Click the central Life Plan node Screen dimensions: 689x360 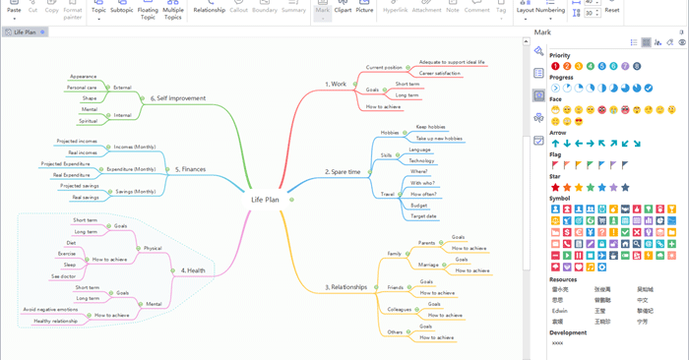click(x=265, y=200)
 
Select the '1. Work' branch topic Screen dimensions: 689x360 click(x=336, y=85)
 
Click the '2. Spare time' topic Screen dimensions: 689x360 click(x=343, y=172)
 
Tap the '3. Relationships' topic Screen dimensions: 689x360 click(x=346, y=287)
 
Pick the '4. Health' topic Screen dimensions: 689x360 click(x=193, y=270)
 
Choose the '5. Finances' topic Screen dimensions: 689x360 click(x=190, y=169)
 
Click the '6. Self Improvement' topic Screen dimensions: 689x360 click(x=180, y=98)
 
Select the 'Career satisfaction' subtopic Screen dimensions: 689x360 click(x=440, y=73)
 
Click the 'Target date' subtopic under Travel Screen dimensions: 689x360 click(x=423, y=215)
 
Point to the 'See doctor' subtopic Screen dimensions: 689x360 click(x=64, y=276)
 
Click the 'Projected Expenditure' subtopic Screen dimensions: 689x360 click(x=65, y=163)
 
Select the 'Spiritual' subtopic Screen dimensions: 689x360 click(x=89, y=121)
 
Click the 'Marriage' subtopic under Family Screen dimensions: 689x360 click(x=429, y=265)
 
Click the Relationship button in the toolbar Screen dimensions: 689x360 click(x=209, y=10)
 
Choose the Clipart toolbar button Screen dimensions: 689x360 click(x=343, y=10)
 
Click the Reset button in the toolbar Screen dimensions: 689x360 click(x=612, y=10)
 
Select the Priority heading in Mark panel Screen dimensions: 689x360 click(x=559, y=56)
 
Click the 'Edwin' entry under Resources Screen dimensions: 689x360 click(x=559, y=310)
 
